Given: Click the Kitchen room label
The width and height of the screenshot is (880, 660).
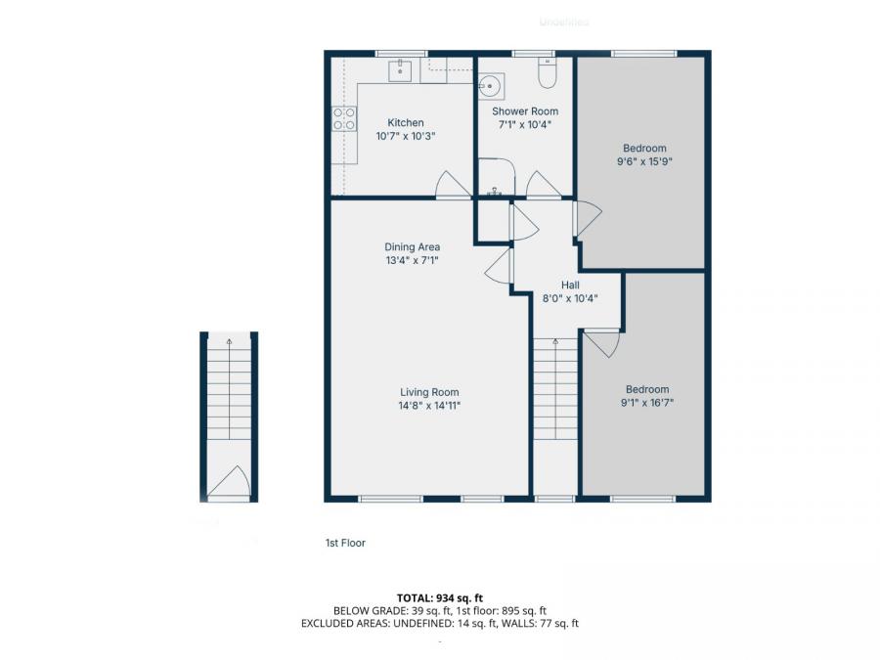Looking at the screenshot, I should [x=406, y=123].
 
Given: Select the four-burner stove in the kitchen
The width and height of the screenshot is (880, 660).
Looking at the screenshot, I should [x=344, y=119].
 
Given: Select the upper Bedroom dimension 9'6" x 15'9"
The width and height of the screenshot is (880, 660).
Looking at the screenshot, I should [x=642, y=161].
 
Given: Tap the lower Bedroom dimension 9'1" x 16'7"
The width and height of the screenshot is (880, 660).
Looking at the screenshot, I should [x=647, y=402].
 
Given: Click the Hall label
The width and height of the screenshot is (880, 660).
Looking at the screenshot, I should [x=570, y=286].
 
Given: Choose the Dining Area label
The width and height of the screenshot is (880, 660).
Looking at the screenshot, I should [x=412, y=247].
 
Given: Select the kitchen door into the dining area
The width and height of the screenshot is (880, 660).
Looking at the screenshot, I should [x=453, y=185].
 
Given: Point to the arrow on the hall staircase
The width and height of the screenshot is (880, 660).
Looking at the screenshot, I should [x=556, y=344].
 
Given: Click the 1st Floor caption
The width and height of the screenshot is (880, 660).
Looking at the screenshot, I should [x=345, y=543].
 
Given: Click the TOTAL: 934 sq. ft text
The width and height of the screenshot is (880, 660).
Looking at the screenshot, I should [x=440, y=597].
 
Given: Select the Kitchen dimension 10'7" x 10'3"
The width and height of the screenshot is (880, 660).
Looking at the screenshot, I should [x=406, y=137].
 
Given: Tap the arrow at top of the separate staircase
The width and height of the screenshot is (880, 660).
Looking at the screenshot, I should [x=229, y=342].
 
